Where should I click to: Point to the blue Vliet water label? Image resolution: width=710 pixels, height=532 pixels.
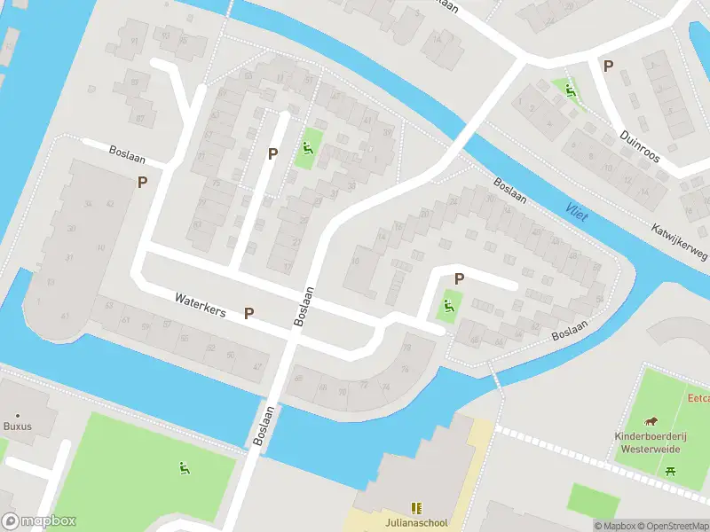578,211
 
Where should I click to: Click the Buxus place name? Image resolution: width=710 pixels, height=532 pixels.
17,426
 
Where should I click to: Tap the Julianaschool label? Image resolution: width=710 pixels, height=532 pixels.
415,521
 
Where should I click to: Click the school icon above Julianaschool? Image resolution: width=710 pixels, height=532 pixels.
415,507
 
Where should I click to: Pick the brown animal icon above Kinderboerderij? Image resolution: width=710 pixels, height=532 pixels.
652,420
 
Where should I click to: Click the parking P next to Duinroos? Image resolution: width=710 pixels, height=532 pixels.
608,65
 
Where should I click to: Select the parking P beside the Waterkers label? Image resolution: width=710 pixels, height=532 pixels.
249,313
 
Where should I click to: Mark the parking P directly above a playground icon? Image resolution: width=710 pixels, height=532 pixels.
459,279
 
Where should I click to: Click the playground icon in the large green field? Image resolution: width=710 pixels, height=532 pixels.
184,468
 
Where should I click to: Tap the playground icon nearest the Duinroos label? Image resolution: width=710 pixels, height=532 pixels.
569,89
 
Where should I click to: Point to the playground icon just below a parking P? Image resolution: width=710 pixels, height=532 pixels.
448,307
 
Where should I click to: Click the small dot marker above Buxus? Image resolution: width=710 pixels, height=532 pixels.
17,414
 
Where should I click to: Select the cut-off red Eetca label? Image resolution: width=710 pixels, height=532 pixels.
698,398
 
